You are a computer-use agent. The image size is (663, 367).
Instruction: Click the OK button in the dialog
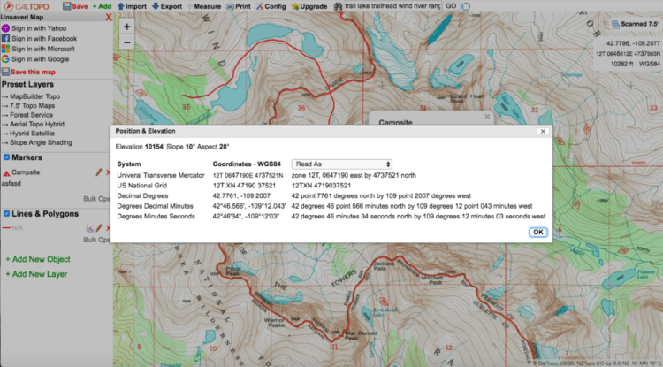coord(537,232)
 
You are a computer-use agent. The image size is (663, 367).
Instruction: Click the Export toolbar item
coord(167,6)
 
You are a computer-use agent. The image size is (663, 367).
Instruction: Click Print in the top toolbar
coord(239,6)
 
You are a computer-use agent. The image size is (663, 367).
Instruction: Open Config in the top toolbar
coord(272,6)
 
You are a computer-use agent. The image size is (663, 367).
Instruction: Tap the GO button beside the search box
coord(451,6)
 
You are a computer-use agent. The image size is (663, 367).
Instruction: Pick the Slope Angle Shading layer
coord(45,142)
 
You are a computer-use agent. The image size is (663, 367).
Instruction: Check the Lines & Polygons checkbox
coord(5,213)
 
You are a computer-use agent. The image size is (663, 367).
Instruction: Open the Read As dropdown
coord(342,164)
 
